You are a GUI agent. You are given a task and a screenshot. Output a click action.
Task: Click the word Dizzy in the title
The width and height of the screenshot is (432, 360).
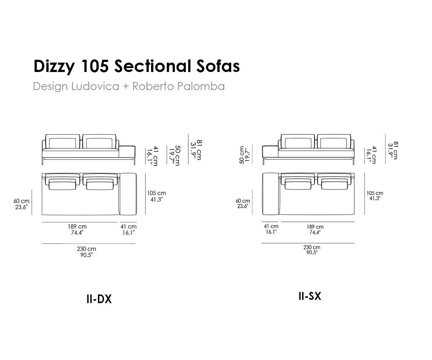[x=54, y=67]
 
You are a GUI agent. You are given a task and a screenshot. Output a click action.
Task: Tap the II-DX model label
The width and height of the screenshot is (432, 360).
[x=99, y=299]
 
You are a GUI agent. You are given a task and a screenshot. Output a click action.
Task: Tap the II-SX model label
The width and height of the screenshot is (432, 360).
[x=310, y=296]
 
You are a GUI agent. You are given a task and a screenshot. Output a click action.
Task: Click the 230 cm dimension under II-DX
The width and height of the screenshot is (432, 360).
[x=86, y=249]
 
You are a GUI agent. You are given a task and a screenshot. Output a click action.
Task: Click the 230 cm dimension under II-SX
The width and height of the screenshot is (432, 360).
[x=312, y=247]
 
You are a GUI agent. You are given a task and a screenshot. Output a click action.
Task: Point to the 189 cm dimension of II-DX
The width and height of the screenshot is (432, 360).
[x=77, y=226]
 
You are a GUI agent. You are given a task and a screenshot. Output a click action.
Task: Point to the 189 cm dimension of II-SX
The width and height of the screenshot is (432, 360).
[x=315, y=227]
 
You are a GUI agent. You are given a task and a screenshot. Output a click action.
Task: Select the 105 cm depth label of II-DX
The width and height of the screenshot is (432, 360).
[x=156, y=193]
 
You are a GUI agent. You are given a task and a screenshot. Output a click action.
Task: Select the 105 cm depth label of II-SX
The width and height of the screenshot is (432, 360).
[x=375, y=193]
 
